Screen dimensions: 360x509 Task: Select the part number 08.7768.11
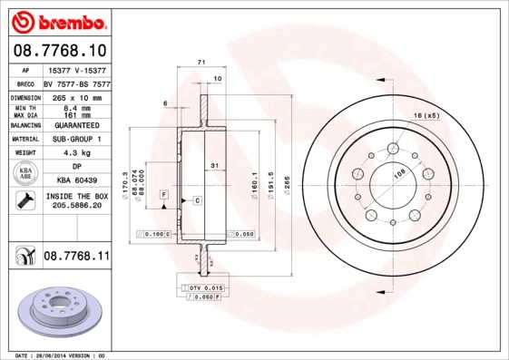[x=76, y=257]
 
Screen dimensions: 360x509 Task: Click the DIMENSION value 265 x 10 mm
[x=76, y=96]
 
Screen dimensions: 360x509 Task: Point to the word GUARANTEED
[x=76, y=124]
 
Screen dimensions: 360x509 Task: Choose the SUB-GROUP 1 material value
[x=76, y=139]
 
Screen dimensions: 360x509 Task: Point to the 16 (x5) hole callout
[x=426, y=116]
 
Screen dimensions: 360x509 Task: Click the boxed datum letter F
[x=163, y=194]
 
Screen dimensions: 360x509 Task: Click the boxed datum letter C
[x=196, y=199]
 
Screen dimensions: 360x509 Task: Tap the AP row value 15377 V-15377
[x=76, y=69]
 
